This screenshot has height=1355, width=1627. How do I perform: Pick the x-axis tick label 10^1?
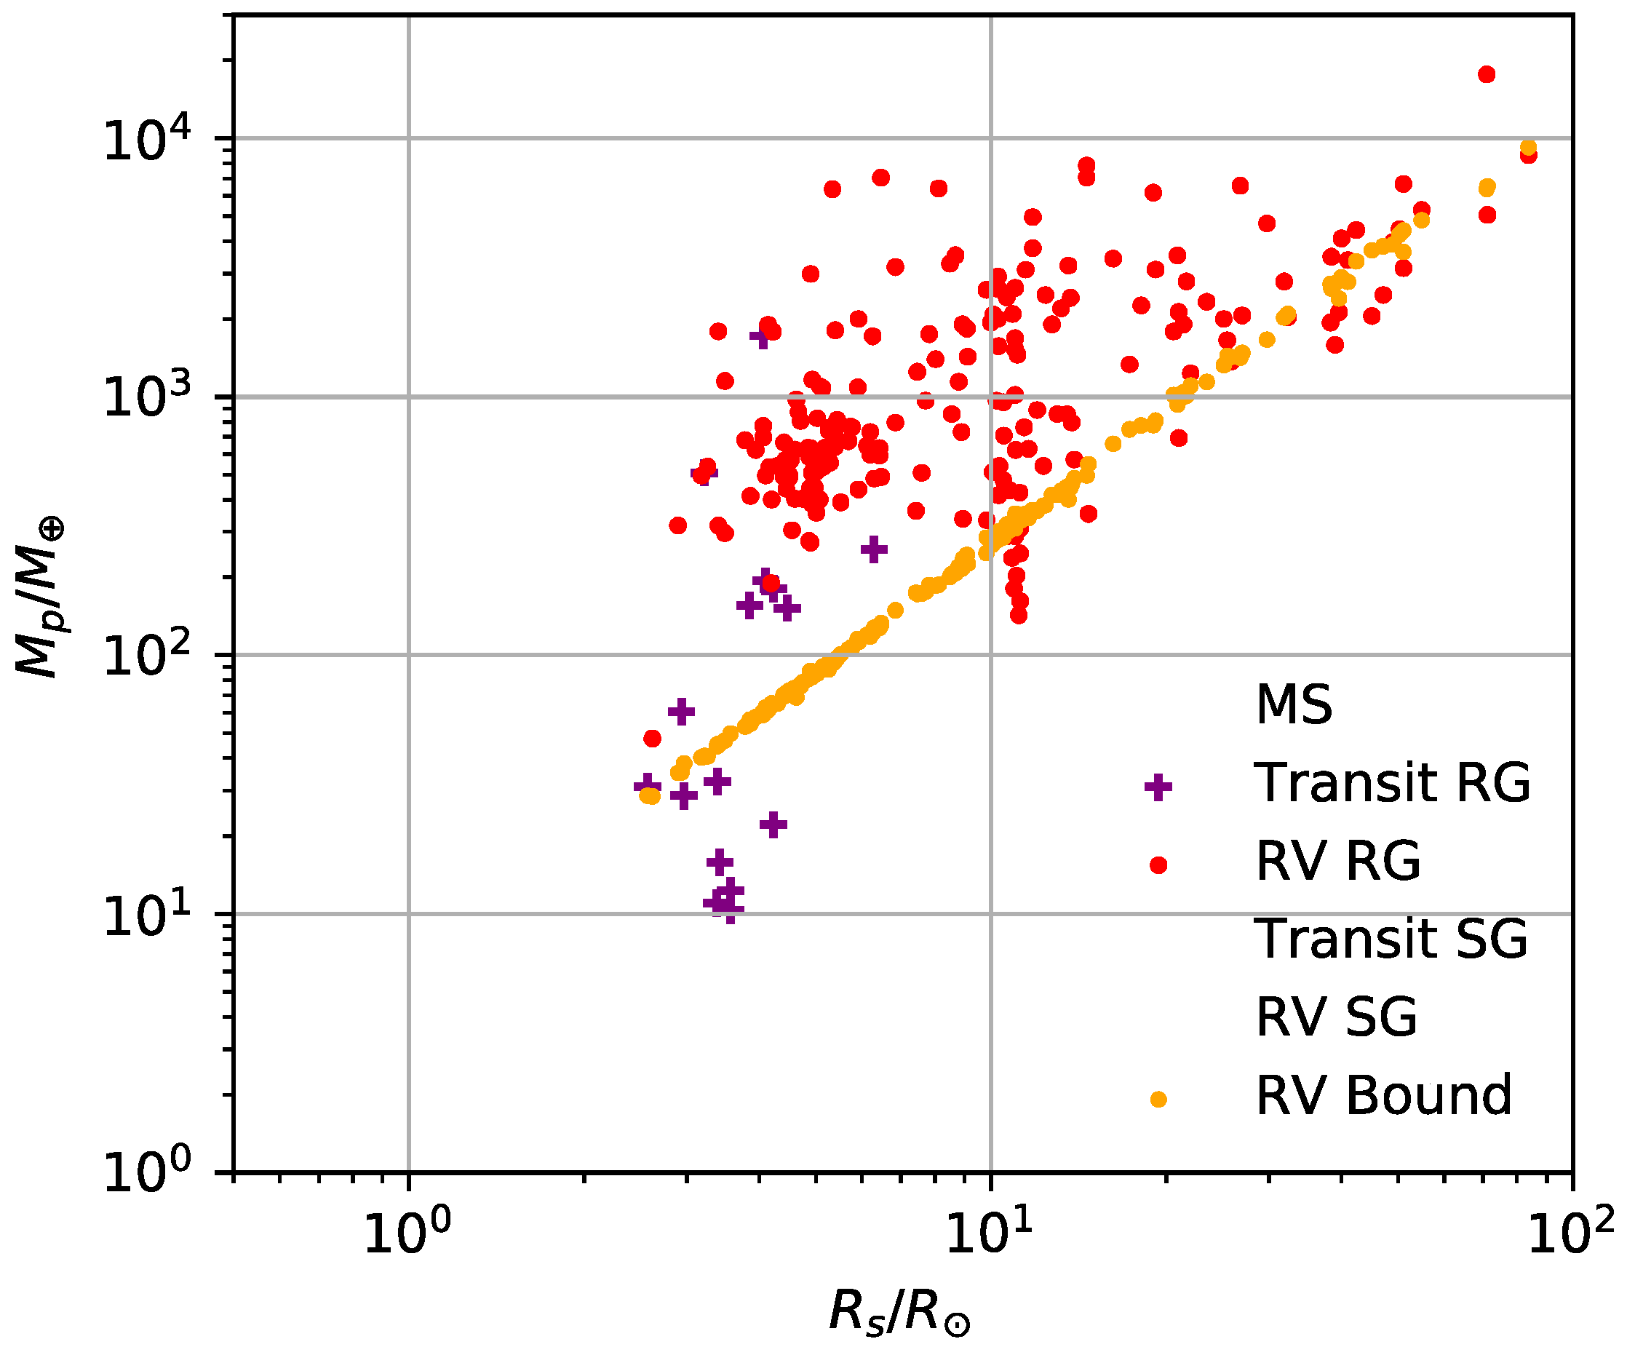click(990, 1233)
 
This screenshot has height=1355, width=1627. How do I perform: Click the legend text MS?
click(1294, 704)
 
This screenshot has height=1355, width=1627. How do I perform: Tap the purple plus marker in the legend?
click(1158, 787)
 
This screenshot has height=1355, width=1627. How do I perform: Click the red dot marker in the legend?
click(1158, 865)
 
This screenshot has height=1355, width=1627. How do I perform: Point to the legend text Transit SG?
click(1390, 938)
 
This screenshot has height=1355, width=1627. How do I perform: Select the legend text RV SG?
click(1336, 1017)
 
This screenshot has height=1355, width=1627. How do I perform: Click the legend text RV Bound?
click(1383, 1094)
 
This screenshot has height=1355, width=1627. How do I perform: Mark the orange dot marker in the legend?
click(1158, 1100)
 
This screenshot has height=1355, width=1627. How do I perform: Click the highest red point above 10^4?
click(1486, 74)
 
